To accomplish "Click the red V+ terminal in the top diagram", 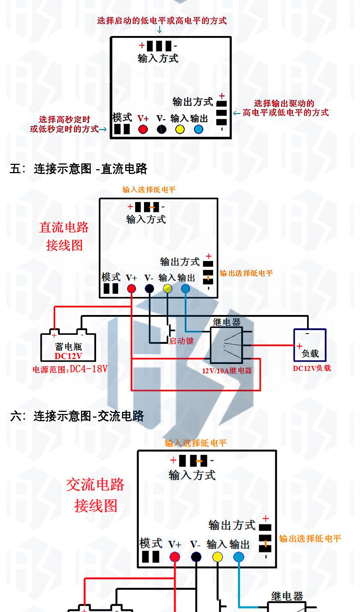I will (143, 129).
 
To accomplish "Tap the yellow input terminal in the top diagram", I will (180, 129).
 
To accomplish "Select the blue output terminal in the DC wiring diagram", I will (185, 288).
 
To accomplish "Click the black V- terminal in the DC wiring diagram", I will (149, 288).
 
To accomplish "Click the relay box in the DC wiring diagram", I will (226, 345).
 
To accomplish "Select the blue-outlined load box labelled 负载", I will (310, 345).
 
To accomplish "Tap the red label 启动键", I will (181, 341).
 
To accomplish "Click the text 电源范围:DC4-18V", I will (70, 369).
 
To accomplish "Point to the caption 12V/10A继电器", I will (227, 371).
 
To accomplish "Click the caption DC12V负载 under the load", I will (312, 368).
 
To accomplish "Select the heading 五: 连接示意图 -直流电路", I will (78, 169).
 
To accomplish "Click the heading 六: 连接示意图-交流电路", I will (77, 416).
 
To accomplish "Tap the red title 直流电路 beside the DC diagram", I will (64, 228).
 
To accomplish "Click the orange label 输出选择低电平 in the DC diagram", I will (246, 273).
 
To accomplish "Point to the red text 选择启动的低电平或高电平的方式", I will (162, 21).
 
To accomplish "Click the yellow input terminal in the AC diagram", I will (217, 557).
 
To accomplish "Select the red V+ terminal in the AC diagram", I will (175, 557).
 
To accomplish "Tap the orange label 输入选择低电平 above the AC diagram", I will (195, 443).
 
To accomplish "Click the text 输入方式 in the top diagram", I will (158, 58).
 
